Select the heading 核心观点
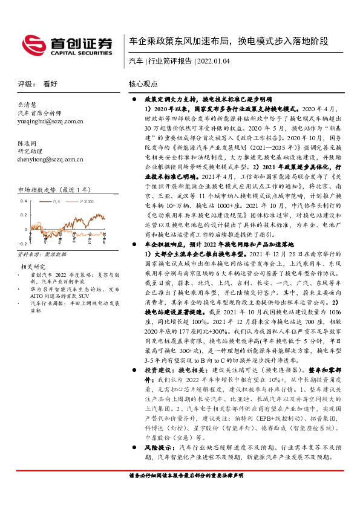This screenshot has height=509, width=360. click(x=143, y=84)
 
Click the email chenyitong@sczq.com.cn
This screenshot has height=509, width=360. click(x=49, y=159)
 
